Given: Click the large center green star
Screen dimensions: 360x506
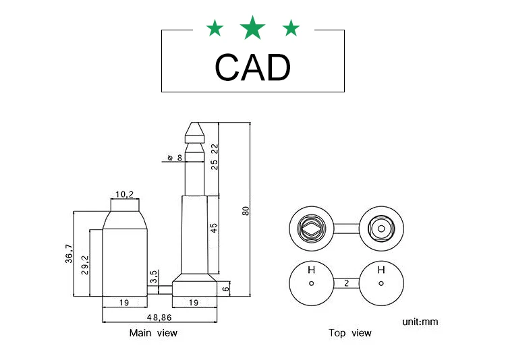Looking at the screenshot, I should point(253,28).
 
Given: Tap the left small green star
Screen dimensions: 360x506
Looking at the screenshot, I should point(215,28).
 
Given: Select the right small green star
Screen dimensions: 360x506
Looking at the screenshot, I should point(291,28).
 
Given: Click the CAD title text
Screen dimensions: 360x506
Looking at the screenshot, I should point(252,67).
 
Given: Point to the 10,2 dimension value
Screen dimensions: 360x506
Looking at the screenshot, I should point(124,194).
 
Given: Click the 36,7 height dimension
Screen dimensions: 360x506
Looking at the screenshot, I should point(69,254).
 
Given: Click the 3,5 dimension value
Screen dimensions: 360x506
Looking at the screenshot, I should point(154,276).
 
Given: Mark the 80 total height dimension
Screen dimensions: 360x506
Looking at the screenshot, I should point(246,210).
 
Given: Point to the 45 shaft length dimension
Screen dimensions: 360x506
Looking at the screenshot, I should point(214,227).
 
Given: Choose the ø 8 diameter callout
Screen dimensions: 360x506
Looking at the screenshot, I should point(173,158).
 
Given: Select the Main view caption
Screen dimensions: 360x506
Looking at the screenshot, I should point(153,333).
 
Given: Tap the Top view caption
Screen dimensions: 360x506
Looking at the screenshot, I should point(349,333).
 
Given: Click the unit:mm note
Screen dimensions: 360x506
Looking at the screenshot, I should point(420,322).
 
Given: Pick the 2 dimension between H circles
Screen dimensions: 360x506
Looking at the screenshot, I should point(346,284).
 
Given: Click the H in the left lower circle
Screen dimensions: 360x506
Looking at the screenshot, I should point(311,270).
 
